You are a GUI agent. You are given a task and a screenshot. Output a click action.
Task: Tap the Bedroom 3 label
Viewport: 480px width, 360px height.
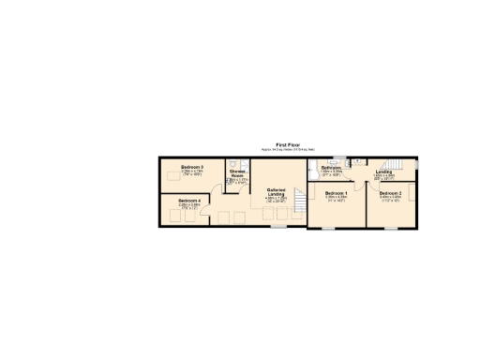(x=192, y=167)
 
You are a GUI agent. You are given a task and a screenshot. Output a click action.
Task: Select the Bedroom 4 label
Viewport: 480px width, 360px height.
(x=188, y=200)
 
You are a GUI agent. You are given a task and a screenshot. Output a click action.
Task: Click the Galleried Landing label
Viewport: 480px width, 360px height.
(x=276, y=191)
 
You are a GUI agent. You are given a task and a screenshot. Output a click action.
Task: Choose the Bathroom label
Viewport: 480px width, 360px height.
(x=332, y=169)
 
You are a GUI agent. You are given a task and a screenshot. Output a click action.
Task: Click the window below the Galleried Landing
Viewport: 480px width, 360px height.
(x=277, y=227)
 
